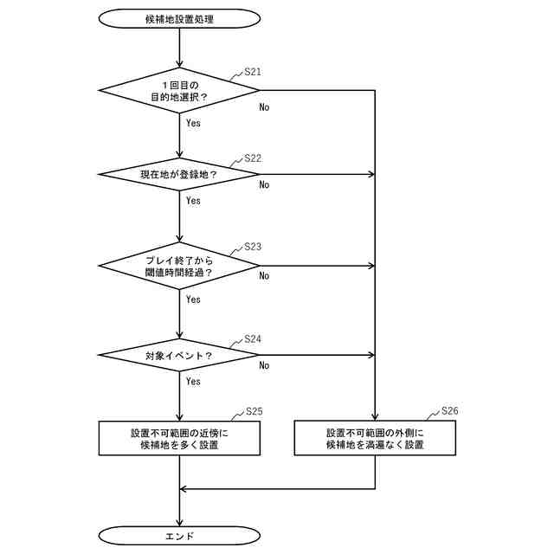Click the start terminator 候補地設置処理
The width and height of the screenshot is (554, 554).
179,18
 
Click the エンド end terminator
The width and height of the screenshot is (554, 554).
179,536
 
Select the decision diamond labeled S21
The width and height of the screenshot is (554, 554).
179,91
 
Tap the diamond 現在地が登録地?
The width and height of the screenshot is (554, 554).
179,174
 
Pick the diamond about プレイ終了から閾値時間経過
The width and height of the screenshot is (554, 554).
179,265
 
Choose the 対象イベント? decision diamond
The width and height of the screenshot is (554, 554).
179,355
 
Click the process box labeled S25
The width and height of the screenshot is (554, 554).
179,438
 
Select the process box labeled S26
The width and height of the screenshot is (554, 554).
375,438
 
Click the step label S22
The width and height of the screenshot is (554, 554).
253,158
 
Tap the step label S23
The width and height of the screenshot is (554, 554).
253,247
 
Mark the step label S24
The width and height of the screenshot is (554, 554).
253,338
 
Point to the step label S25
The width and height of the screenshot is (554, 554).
254,410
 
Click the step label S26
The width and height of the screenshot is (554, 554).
449,410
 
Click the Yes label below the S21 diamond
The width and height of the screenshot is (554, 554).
193,123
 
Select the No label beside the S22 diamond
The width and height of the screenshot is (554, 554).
264,184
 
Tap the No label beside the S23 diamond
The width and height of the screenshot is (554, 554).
264,276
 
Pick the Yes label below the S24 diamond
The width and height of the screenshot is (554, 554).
193,381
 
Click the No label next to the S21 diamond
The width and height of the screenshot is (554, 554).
264,108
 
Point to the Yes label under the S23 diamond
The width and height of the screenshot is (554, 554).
193,300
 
